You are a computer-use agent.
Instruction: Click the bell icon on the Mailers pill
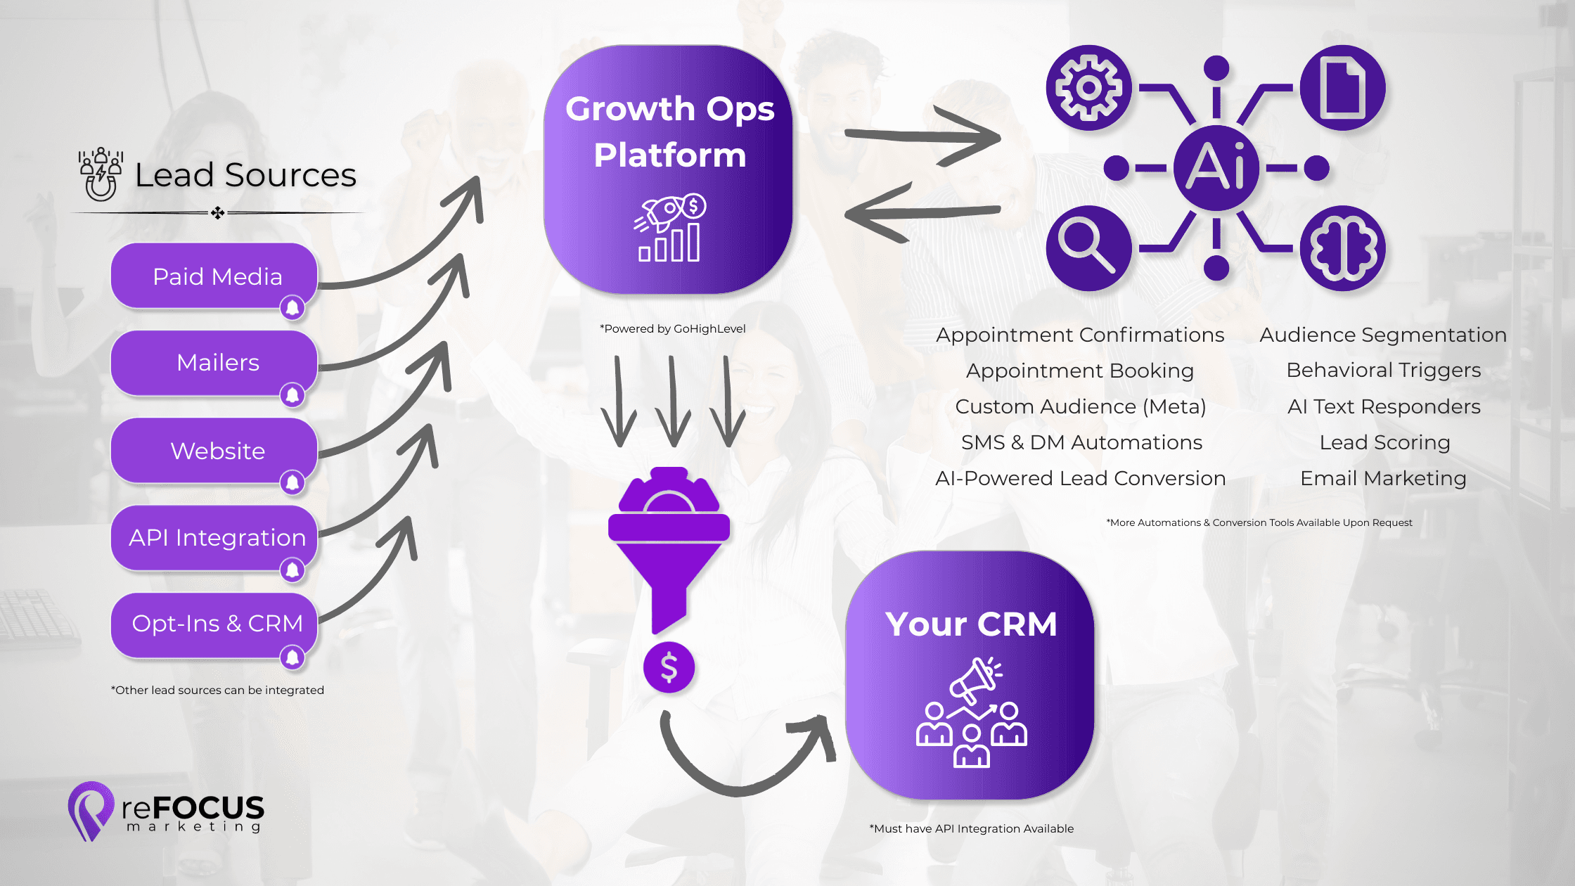(x=292, y=395)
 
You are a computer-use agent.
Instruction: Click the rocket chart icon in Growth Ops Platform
(x=669, y=228)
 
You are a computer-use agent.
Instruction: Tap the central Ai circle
(x=1216, y=167)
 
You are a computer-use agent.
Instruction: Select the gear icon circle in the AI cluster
(x=1088, y=88)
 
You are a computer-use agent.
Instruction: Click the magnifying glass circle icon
(x=1088, y=248)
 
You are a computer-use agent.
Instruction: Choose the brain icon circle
(x=1342, y=248)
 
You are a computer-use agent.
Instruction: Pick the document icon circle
(x=1342, y=88)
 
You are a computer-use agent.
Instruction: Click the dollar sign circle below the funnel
(x=669, y=667)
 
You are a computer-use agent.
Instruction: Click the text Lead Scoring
(x=1384, y=442)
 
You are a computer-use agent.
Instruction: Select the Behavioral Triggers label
(x=1383, y=370)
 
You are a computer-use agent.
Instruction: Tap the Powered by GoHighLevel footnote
(x=672, y=328)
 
